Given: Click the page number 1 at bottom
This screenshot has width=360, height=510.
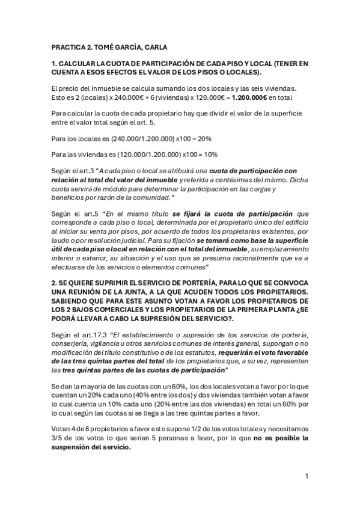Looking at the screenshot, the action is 307,476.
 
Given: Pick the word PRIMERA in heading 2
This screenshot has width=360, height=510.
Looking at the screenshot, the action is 263,309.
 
